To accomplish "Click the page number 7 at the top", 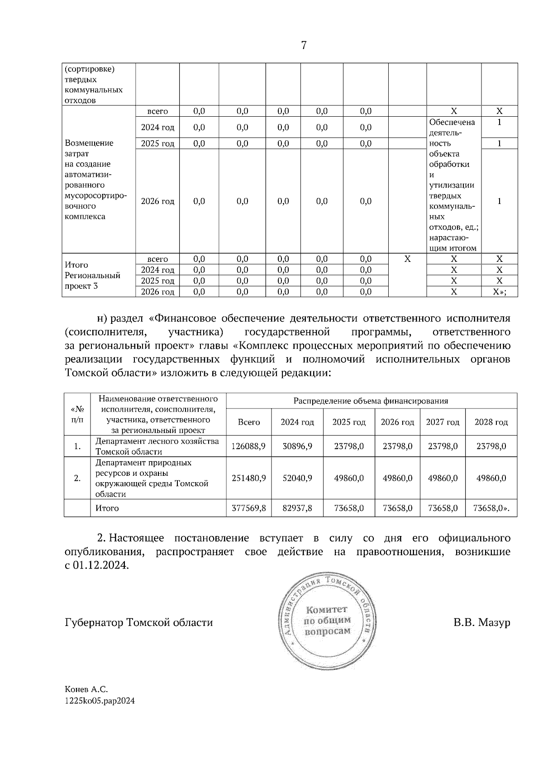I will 304,45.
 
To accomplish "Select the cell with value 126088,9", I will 248,446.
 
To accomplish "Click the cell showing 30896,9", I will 297,446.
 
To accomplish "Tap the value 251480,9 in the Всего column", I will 248,478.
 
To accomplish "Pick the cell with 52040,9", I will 297,478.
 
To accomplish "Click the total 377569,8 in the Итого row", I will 248,508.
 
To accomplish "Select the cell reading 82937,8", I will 297,508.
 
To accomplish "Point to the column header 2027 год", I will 443,422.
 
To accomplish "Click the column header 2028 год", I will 491,422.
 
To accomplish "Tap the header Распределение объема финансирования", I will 371,401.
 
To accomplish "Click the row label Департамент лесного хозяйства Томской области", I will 157,446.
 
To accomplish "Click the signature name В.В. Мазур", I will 481,622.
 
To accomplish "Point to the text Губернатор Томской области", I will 139,622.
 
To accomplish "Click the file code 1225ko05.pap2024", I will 100,701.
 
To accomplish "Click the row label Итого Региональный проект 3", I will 93,275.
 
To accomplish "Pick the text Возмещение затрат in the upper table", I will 89,148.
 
